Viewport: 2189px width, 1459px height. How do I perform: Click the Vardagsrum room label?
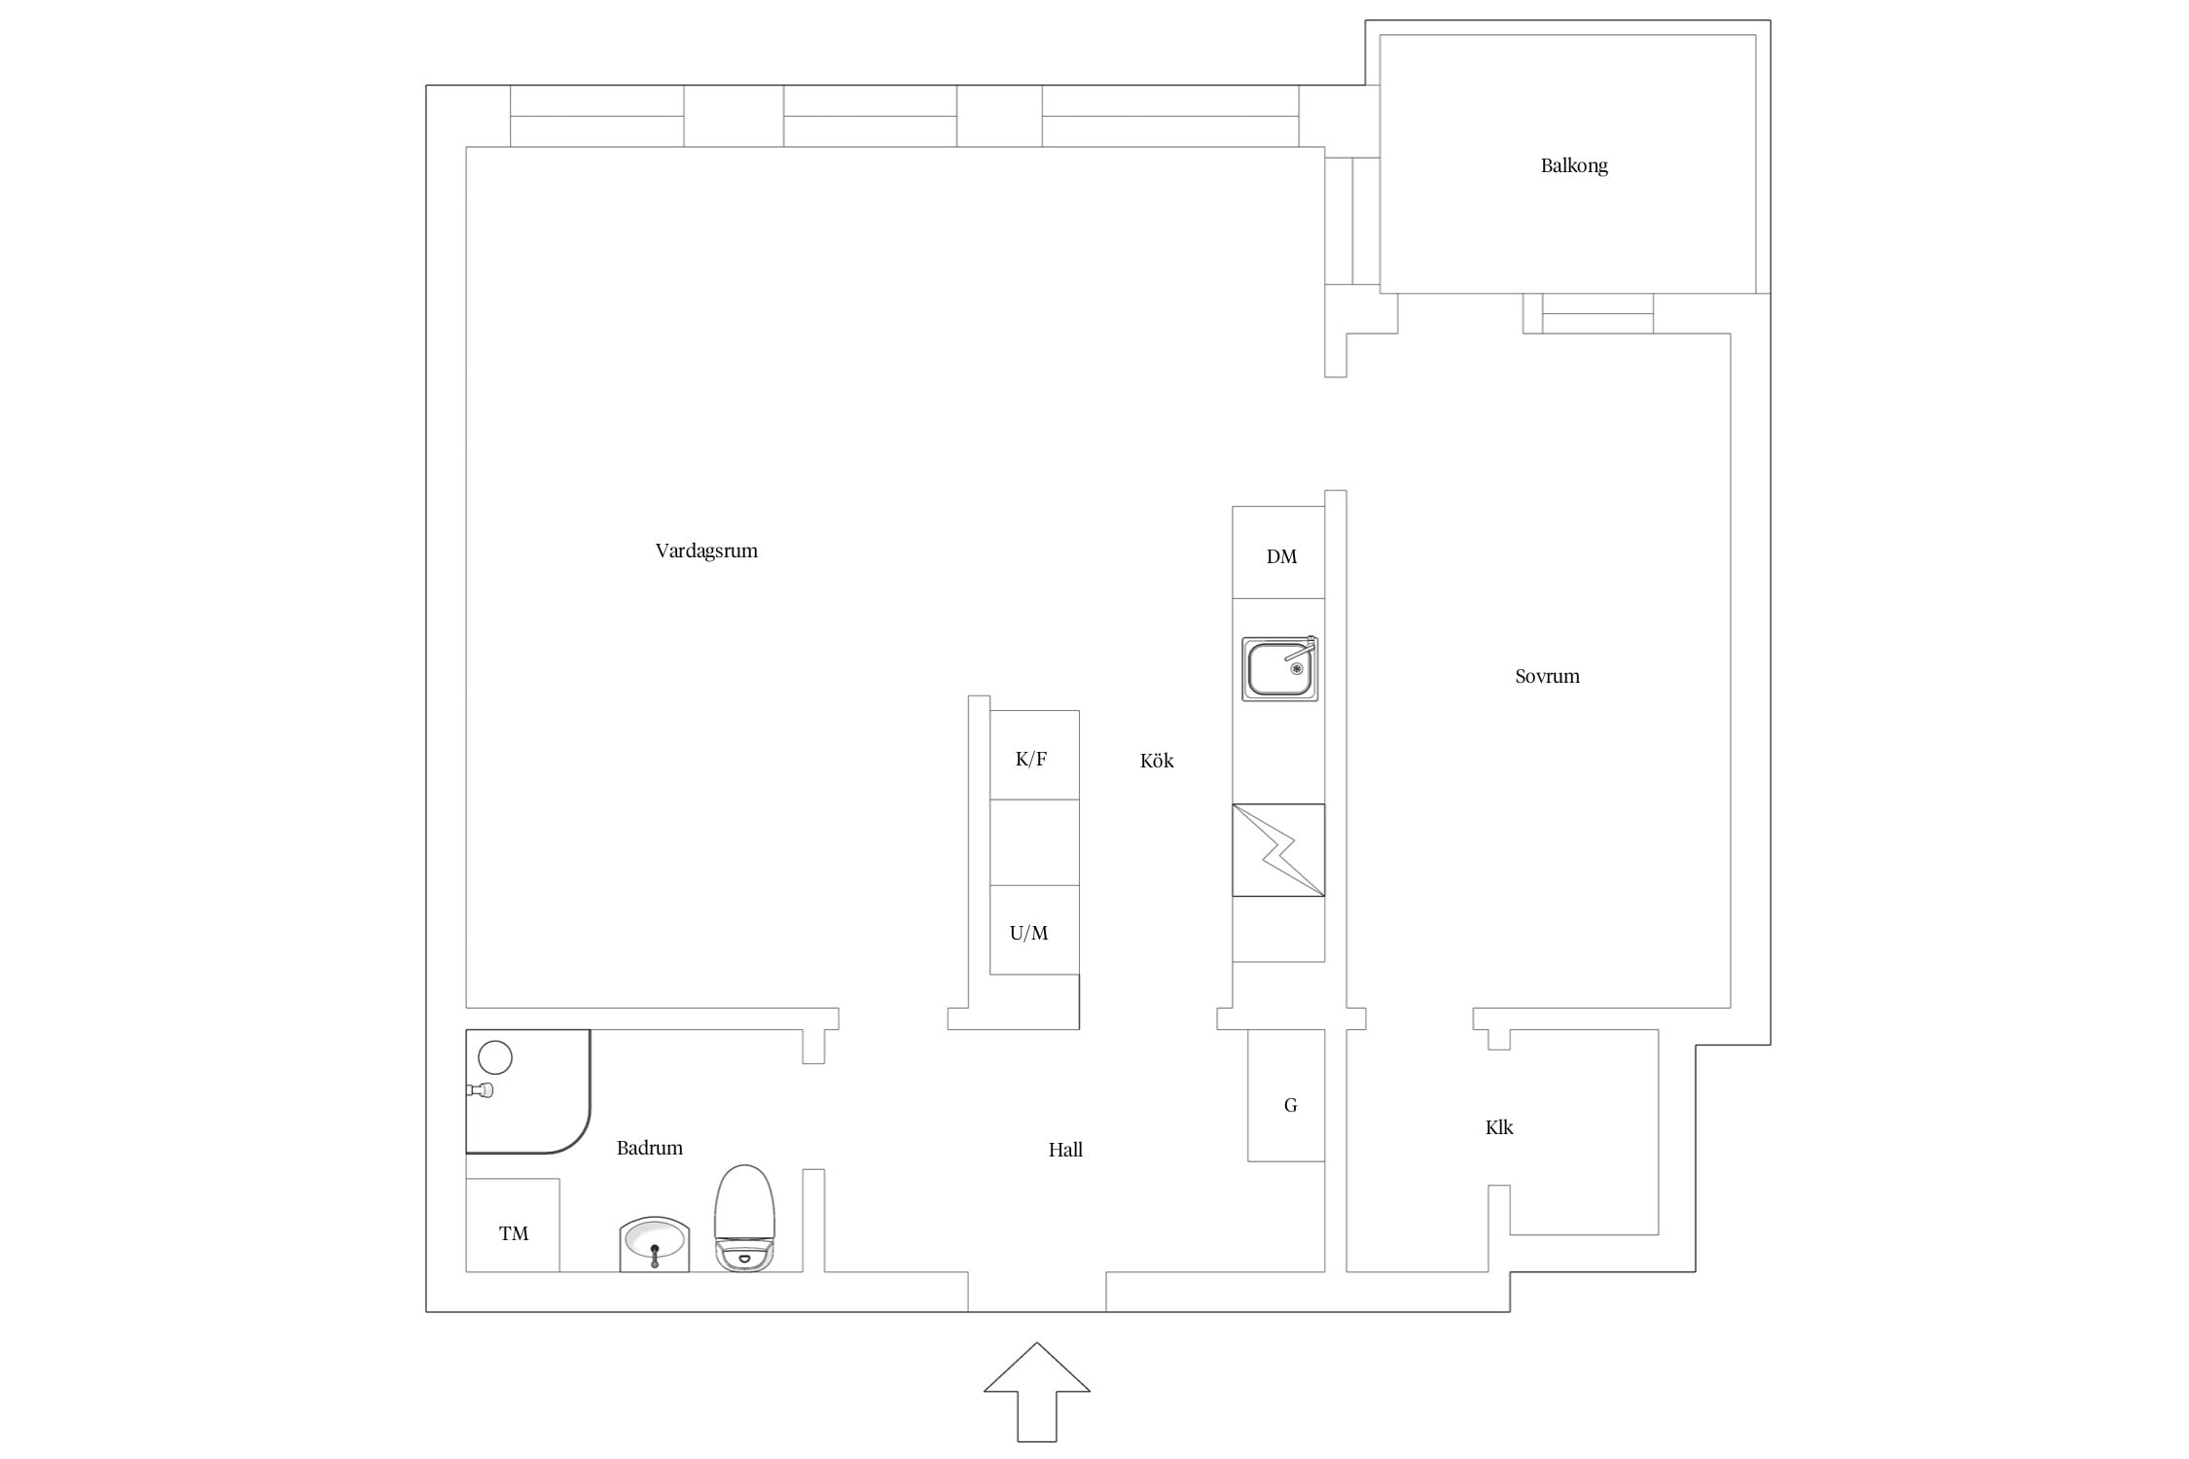point(706,552)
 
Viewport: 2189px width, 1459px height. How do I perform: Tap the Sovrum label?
point(1547,676)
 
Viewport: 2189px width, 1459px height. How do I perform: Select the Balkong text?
point(1574,166)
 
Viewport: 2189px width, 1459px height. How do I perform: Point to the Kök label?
point(1157,761)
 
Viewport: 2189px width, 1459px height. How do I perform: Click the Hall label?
point(1065,1150)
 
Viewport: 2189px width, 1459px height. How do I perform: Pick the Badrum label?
point(650,1148)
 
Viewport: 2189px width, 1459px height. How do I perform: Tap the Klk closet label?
point(1499,1127)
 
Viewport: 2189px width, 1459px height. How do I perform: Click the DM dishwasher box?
point(1278,552)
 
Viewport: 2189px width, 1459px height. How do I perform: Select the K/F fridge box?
point(1034,755)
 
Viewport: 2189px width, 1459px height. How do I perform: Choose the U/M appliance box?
point(1034,930)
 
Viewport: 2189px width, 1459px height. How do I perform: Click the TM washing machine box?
point(513,1226)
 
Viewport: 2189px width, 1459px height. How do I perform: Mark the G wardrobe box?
point(1286,1095)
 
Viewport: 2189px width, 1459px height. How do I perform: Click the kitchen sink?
point(1280,669)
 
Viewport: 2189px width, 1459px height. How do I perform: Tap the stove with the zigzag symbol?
point(1278,850)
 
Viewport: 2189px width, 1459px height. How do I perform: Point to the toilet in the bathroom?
point(745,1218)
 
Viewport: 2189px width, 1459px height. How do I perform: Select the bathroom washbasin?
point(655,1244)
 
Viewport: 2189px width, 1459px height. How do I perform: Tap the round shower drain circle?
point(495,1057)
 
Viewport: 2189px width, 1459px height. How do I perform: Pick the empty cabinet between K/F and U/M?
point(1034,842)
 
